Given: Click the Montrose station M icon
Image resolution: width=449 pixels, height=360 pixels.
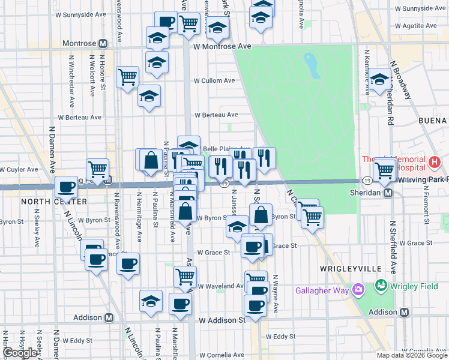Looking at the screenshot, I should pyautogui.click(x=103, y=44).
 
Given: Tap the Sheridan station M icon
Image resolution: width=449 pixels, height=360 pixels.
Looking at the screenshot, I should pyautogui.click(x=388, y=193).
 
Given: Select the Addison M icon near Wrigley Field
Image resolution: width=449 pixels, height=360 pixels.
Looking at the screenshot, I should pyautogui.click(x=405, y=312).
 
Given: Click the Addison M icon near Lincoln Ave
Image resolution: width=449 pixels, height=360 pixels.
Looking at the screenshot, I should pyautogui.click(x=109, y=317).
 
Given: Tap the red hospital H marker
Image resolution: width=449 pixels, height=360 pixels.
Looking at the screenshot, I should pyautogui.click(x=435, y=162).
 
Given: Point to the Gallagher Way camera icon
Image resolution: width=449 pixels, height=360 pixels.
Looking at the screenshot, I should pyautogui.click(x=359, y=290).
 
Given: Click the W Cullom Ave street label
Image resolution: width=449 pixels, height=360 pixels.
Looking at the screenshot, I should pyautogui.click(x=217, y=80).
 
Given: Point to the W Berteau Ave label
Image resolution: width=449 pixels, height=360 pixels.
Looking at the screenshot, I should pyautogui.click(x=217, y=115).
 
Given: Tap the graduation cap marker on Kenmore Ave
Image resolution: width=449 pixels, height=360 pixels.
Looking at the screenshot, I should pyautogui.click(x=379, y=80).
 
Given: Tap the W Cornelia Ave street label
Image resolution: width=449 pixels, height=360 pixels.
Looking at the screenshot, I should pyautogui.click(x=423, y=350).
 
